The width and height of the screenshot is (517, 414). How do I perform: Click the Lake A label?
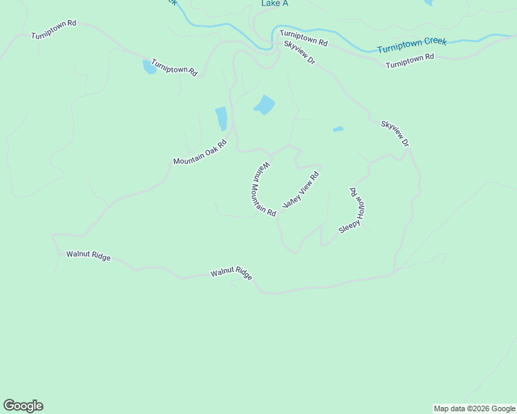click(274, 3)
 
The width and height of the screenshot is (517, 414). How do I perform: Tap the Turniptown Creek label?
click(412, 46)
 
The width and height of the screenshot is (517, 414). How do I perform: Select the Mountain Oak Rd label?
click(200, 152)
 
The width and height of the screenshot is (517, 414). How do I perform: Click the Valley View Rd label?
click(301, 191)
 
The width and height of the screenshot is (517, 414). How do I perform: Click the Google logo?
click(23, 406)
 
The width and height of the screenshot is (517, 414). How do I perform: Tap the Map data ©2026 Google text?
click(475, 408)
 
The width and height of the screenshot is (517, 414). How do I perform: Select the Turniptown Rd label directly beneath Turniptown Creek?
click(409, 61)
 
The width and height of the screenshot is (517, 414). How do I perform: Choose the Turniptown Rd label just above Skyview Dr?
click(303, 37)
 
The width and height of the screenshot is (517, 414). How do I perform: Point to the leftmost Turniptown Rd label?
click(53, 30)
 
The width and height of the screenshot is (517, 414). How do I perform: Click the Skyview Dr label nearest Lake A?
click(299, 53)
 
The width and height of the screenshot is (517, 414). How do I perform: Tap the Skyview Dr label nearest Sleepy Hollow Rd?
click(395, 134)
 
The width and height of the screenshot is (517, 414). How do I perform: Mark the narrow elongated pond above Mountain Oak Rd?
click(221, 118)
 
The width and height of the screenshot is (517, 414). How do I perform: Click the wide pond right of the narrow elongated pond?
click(265, 105)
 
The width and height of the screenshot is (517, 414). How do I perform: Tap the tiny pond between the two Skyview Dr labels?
click(338, 129)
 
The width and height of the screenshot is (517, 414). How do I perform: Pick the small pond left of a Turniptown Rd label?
click(149, 67)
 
